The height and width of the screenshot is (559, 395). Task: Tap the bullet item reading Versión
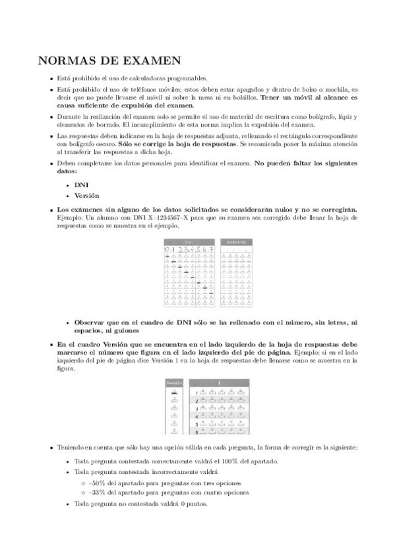86,196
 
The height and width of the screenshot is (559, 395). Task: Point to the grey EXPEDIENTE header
235,241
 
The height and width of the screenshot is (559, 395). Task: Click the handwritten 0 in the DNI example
168,249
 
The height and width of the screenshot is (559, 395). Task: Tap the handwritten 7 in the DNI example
210,249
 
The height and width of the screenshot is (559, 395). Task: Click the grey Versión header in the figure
173,382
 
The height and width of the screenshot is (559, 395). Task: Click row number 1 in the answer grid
196,394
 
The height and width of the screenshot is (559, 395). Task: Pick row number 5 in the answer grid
196,425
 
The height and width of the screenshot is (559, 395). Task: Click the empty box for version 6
173,431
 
